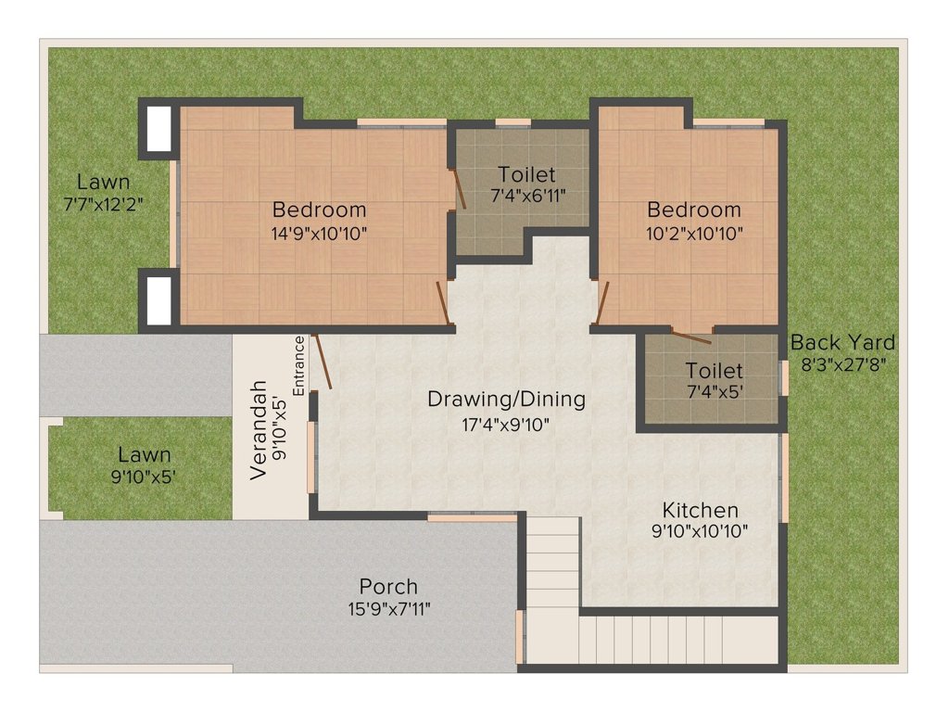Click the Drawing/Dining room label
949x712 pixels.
506,400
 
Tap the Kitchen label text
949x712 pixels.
700,510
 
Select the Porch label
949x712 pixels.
388,587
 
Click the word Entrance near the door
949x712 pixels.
299,365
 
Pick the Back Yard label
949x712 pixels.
842,343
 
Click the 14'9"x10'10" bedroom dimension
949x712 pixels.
319,233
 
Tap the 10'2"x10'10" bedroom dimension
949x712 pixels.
694,233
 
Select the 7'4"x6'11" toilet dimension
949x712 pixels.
526,195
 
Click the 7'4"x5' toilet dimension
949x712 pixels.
714,390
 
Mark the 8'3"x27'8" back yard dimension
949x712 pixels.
842,365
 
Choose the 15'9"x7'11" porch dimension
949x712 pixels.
388,609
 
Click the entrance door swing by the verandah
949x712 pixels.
323,362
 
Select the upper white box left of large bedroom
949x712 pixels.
158,128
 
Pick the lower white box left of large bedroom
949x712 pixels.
158,298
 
